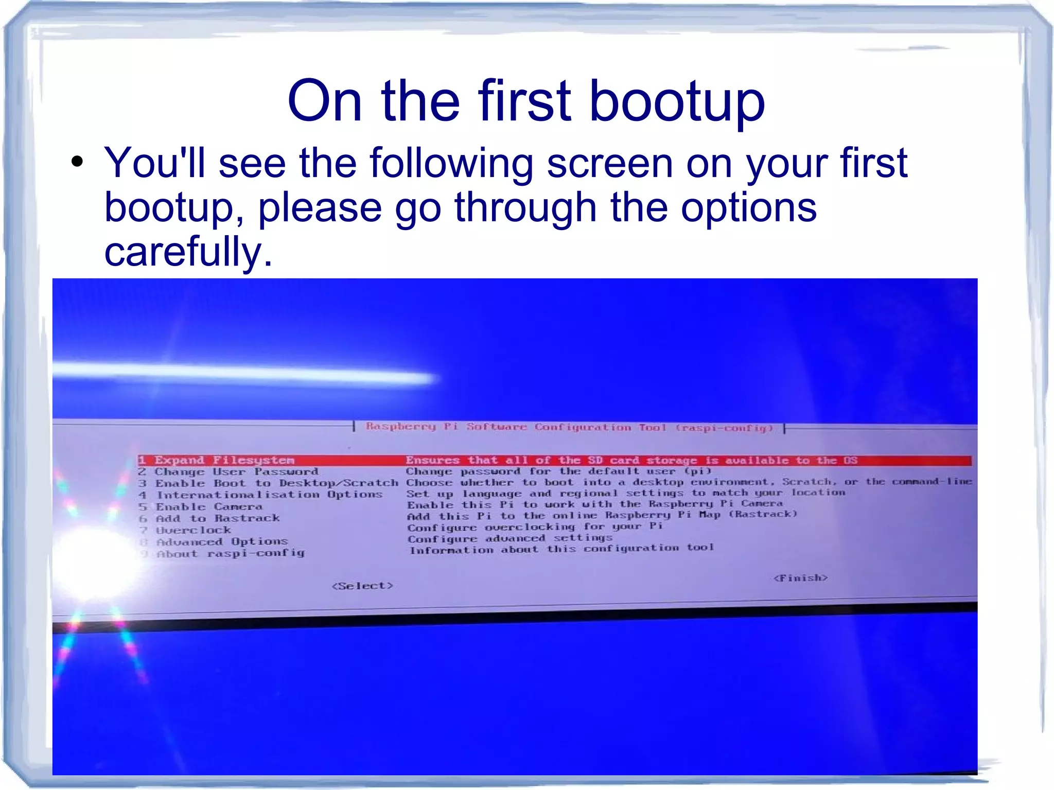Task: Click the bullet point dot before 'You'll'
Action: pos(77,162)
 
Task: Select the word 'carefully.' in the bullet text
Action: pos(188,252)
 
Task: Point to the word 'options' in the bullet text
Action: pos(748,207)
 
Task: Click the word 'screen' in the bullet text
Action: pos(610,163)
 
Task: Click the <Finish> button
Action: pos(800,578)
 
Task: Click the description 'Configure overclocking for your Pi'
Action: pos(535,527)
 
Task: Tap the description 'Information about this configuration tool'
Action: pos(561,549)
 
